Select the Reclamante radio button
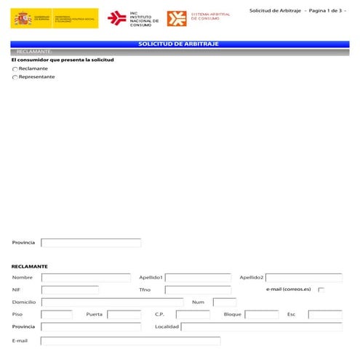point(15,68)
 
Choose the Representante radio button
point(15,77)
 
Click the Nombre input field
point(86,278)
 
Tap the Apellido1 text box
point(198,278)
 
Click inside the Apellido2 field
point(304,278)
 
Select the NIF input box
point(70,290)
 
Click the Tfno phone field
point(198,290)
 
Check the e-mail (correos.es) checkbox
point(321,289)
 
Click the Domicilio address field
point(112,303)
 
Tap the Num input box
point(225,303)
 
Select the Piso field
point(57,315)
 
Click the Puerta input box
point(124,315)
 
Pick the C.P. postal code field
point(193,315)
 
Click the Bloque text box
point(262,315)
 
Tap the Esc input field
point(325,315)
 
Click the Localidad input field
point(261,327)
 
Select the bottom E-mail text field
point(130,341)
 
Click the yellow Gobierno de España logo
point(54,18)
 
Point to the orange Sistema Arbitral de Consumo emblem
point(176,18)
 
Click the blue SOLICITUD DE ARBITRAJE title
point(179,44)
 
